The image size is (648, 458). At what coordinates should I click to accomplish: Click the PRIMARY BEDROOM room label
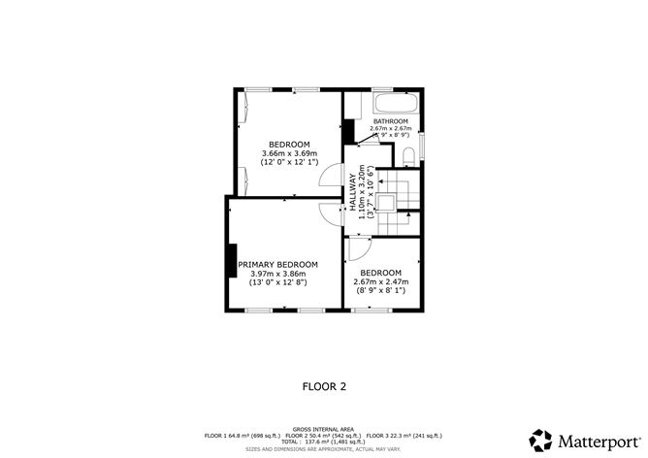(x=277, y=264)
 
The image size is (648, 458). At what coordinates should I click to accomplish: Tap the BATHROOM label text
(x=390, y=121)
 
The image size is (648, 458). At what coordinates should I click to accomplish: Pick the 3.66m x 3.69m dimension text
(x=289, y=153)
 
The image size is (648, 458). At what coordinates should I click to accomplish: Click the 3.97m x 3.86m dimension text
(x=277, y=274)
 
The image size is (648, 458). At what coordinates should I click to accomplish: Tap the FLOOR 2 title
(x=324, y=385)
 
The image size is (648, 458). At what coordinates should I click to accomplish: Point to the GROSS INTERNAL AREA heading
(x=324, y=428)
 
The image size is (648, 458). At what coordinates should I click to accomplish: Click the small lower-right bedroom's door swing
(x=358, y=247)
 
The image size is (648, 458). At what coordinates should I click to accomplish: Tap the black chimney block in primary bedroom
(x=232, y=261)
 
